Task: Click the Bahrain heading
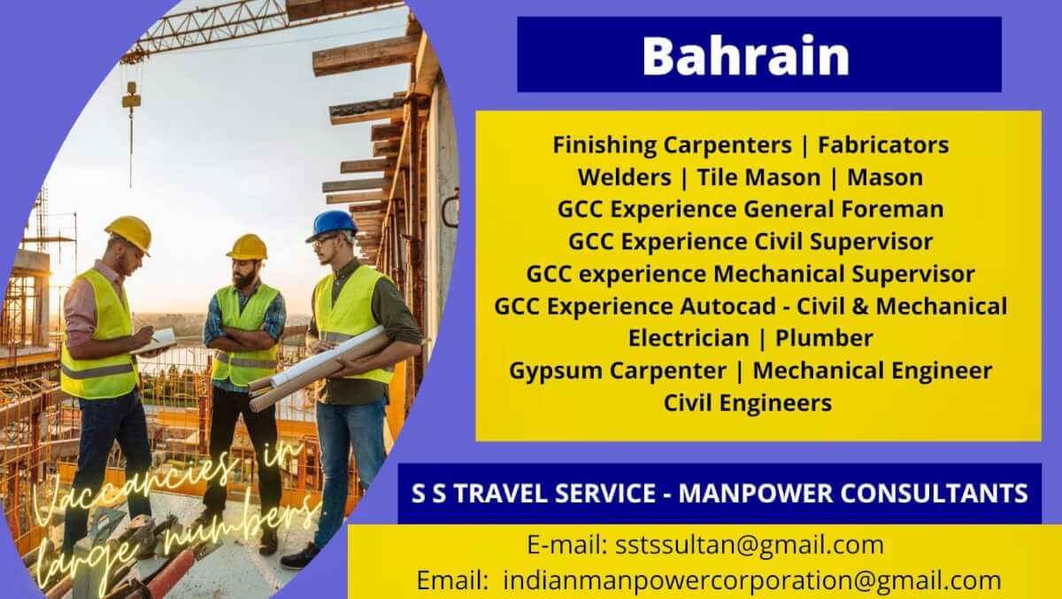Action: click(x=745, y=56)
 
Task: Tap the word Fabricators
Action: click(x=883, y=144)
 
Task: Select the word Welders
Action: click(x=625, y=177)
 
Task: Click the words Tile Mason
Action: click(x=759, y=177)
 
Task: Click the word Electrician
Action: click(x=689, y=338)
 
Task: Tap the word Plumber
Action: click(x=824, y=338)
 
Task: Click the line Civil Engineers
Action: click(x=748, y=403)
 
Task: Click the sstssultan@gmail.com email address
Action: click(x=750, y=545)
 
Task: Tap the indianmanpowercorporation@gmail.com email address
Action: click(x=752, y=580)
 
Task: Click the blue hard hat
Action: click(x=332, y=225)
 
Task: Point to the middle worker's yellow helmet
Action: click(x=248, y=247)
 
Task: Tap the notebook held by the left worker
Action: click(x=154, y=342)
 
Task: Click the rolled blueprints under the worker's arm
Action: click(x=319, y=369)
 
